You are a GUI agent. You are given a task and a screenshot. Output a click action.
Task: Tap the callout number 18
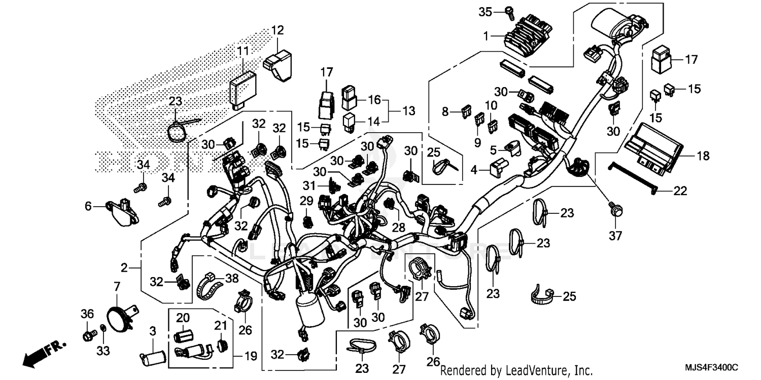[x=703, y=157]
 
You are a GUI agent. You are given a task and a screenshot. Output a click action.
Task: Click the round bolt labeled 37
[x=616, y=209]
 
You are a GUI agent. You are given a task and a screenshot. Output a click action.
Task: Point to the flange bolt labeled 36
[x=88, y=335]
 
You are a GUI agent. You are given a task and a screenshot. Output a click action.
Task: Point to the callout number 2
[x=124, y=267]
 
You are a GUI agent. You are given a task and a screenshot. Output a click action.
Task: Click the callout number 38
[x=231, y=278]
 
